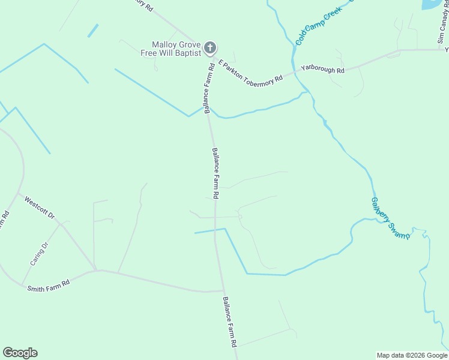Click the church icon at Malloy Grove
pyautogui.click(x=210, y=47)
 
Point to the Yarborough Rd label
pyautogui.click(x=323, y=70)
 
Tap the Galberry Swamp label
pyautogui.click(x=391, y=218)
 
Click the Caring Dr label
pyautogui.click(x=38, y=254)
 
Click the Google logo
pyautogui.click(x=20, y=353)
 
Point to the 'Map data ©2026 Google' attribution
pyautogui.click(x=412, y=355)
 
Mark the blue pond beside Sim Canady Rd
pyautogui.click(x=431, y=4)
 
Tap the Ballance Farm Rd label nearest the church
pyautogui.click(x=208, y=86)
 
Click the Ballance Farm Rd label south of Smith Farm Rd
pyautogui.click(x=230, y=322)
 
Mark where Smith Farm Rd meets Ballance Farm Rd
pyautogui.click(x=220, y=291)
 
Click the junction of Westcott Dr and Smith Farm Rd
pyautogui.click(x=95, y=269)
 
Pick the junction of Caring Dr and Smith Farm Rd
pyautogui.click(x=22, y=286)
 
